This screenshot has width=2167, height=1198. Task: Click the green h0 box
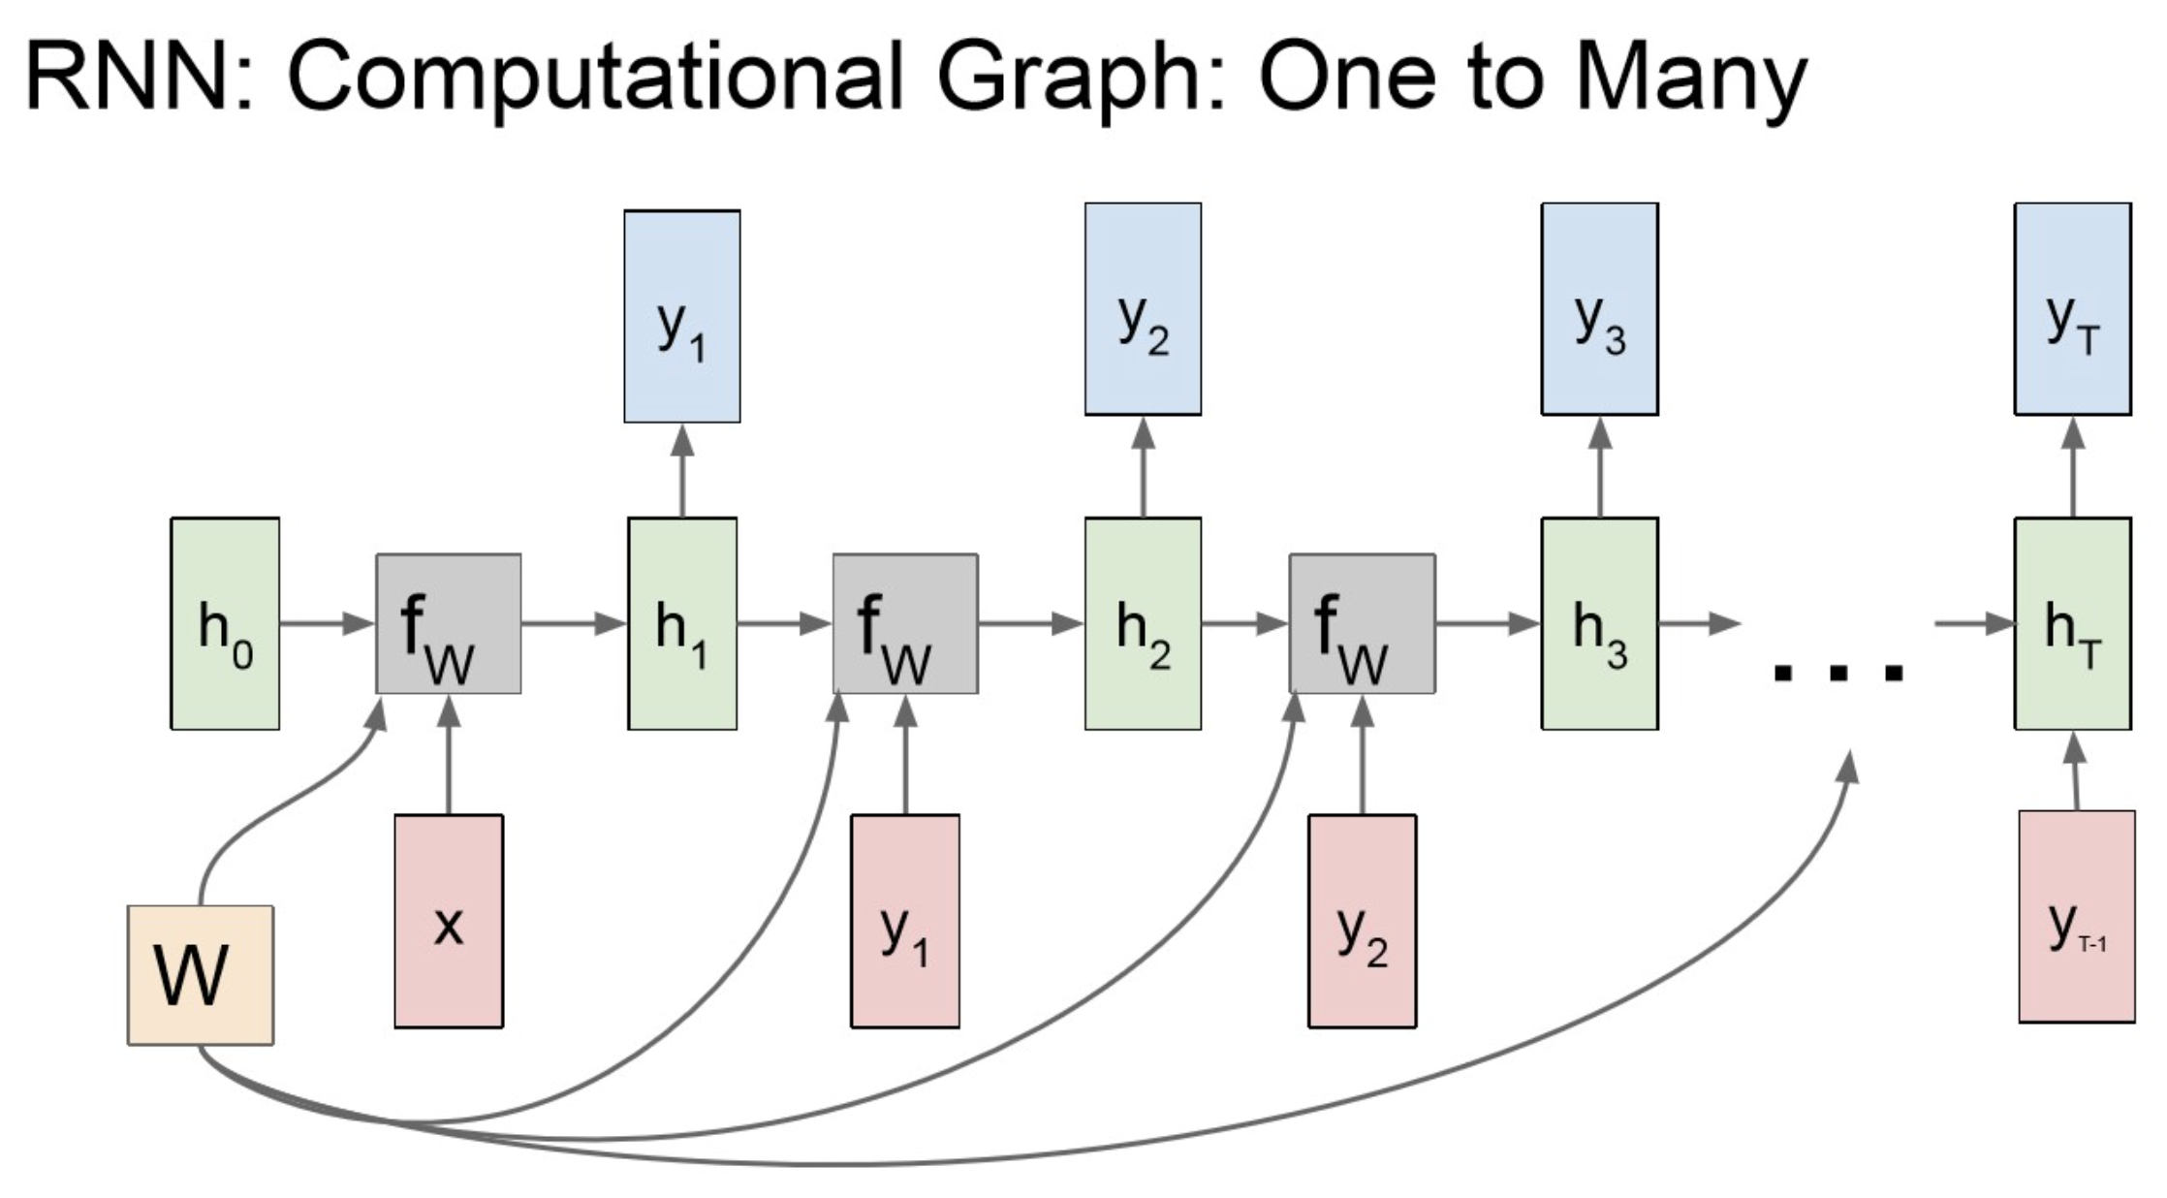pos(225,623)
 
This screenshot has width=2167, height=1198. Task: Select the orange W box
pos(201,974)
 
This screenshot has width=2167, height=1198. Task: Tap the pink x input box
pos(449,921)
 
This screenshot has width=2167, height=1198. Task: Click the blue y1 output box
pos(682,316)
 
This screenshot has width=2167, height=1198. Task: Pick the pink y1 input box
pos(905,921)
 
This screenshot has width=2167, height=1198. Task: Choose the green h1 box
pos(682,623)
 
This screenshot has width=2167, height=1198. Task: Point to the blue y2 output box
pos(1143,309)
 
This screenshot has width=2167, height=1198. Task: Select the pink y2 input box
pos(1362,921)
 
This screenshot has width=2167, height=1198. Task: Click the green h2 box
pos(1143,623)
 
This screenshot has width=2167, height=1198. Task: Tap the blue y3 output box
pos(1600,309)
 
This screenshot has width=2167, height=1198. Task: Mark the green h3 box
pos(1600,623)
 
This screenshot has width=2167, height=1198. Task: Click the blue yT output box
pos(2073,309)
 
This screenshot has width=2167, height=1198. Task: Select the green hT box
pos(2073,623)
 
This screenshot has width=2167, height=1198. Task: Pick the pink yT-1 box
pos(2077,917)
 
